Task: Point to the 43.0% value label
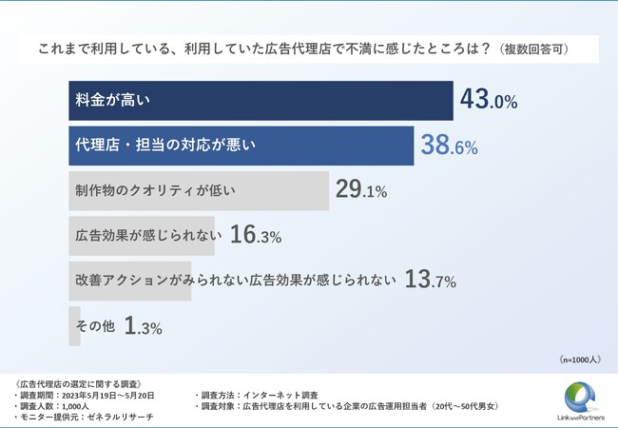[x=488, y=100]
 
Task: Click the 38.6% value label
[x=448, y=146]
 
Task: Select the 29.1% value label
[x=361, y=191]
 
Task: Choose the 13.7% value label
[x=431, y=280]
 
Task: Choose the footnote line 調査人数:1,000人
[x=56, y=406]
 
